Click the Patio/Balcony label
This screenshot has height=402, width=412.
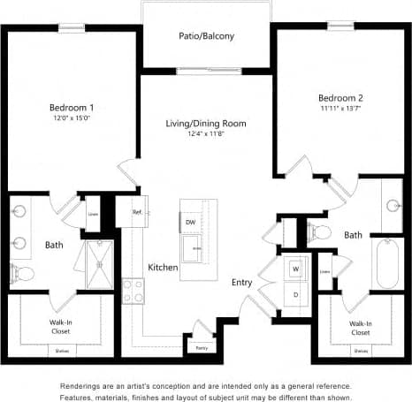206,38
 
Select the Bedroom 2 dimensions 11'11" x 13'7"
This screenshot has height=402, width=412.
340,108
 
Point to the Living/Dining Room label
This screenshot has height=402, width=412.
206,123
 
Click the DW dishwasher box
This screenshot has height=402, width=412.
190,222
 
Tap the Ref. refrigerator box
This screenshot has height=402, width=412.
138,212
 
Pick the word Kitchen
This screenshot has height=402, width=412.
163,267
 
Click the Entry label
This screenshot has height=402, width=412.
241,283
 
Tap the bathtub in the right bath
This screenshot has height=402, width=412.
389,264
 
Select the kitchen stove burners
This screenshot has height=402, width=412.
133,292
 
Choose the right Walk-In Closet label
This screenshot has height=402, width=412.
360,328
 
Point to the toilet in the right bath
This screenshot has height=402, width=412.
320,232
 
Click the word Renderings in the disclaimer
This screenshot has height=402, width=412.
82,386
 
